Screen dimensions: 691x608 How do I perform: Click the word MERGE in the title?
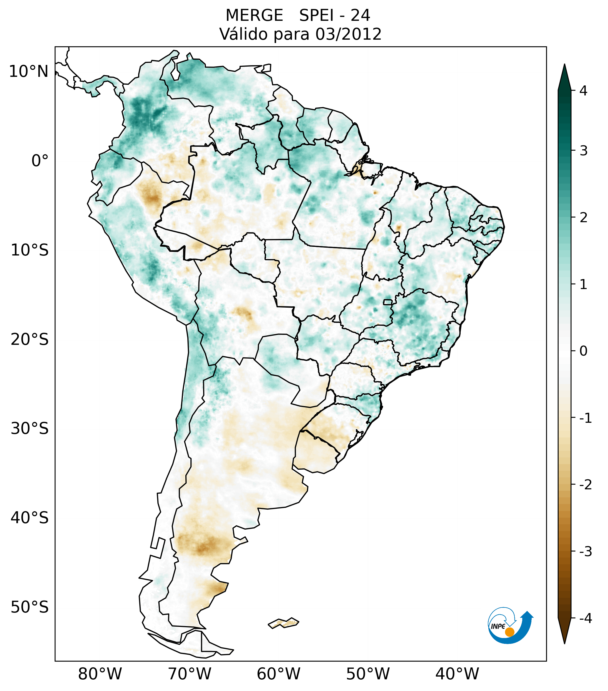pyautogui.click(x=254, y=16)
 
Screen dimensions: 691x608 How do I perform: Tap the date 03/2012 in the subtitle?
pyautogui.click(x=348, y=34)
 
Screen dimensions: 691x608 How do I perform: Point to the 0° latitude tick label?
pyautogui.click(x=40, y=161)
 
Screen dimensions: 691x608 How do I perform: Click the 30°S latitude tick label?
pyautogui.click(x=30, y=429)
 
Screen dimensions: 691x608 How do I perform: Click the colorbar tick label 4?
pyautogui.click(x=583, y=91)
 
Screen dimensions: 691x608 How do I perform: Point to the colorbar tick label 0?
pyautogui.click(x=583, y=351)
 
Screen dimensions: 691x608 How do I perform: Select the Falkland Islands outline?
pyautogui.click(x=283, y=623)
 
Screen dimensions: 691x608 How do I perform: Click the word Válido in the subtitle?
pyautogui.click(x=243, y=34)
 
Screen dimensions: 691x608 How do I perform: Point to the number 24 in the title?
pyautogui.click(x=360, y=16)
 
